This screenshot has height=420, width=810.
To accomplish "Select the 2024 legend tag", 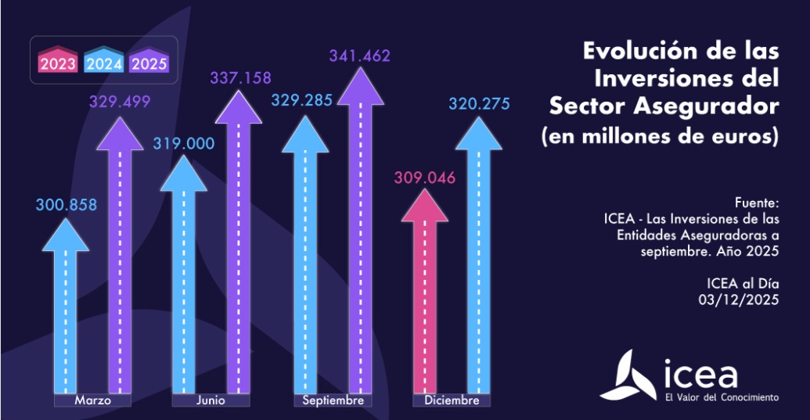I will tap(104, 62).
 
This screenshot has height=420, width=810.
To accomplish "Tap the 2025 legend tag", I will tap(149, 62).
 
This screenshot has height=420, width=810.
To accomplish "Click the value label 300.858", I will tap(66, 206).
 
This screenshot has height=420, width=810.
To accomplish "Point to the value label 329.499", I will tap(119, 102).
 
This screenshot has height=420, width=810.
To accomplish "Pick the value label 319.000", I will tap(182, 143).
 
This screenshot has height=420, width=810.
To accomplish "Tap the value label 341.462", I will tap(359, 56).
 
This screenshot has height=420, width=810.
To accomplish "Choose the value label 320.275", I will tap(478, 102).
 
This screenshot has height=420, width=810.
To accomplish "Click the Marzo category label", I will tap(92, 400).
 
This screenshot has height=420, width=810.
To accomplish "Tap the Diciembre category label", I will tap(452, 400).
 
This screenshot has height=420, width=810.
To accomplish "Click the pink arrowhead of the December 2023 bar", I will tap(424, 205).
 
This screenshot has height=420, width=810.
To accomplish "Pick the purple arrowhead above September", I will tap(359, 85).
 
